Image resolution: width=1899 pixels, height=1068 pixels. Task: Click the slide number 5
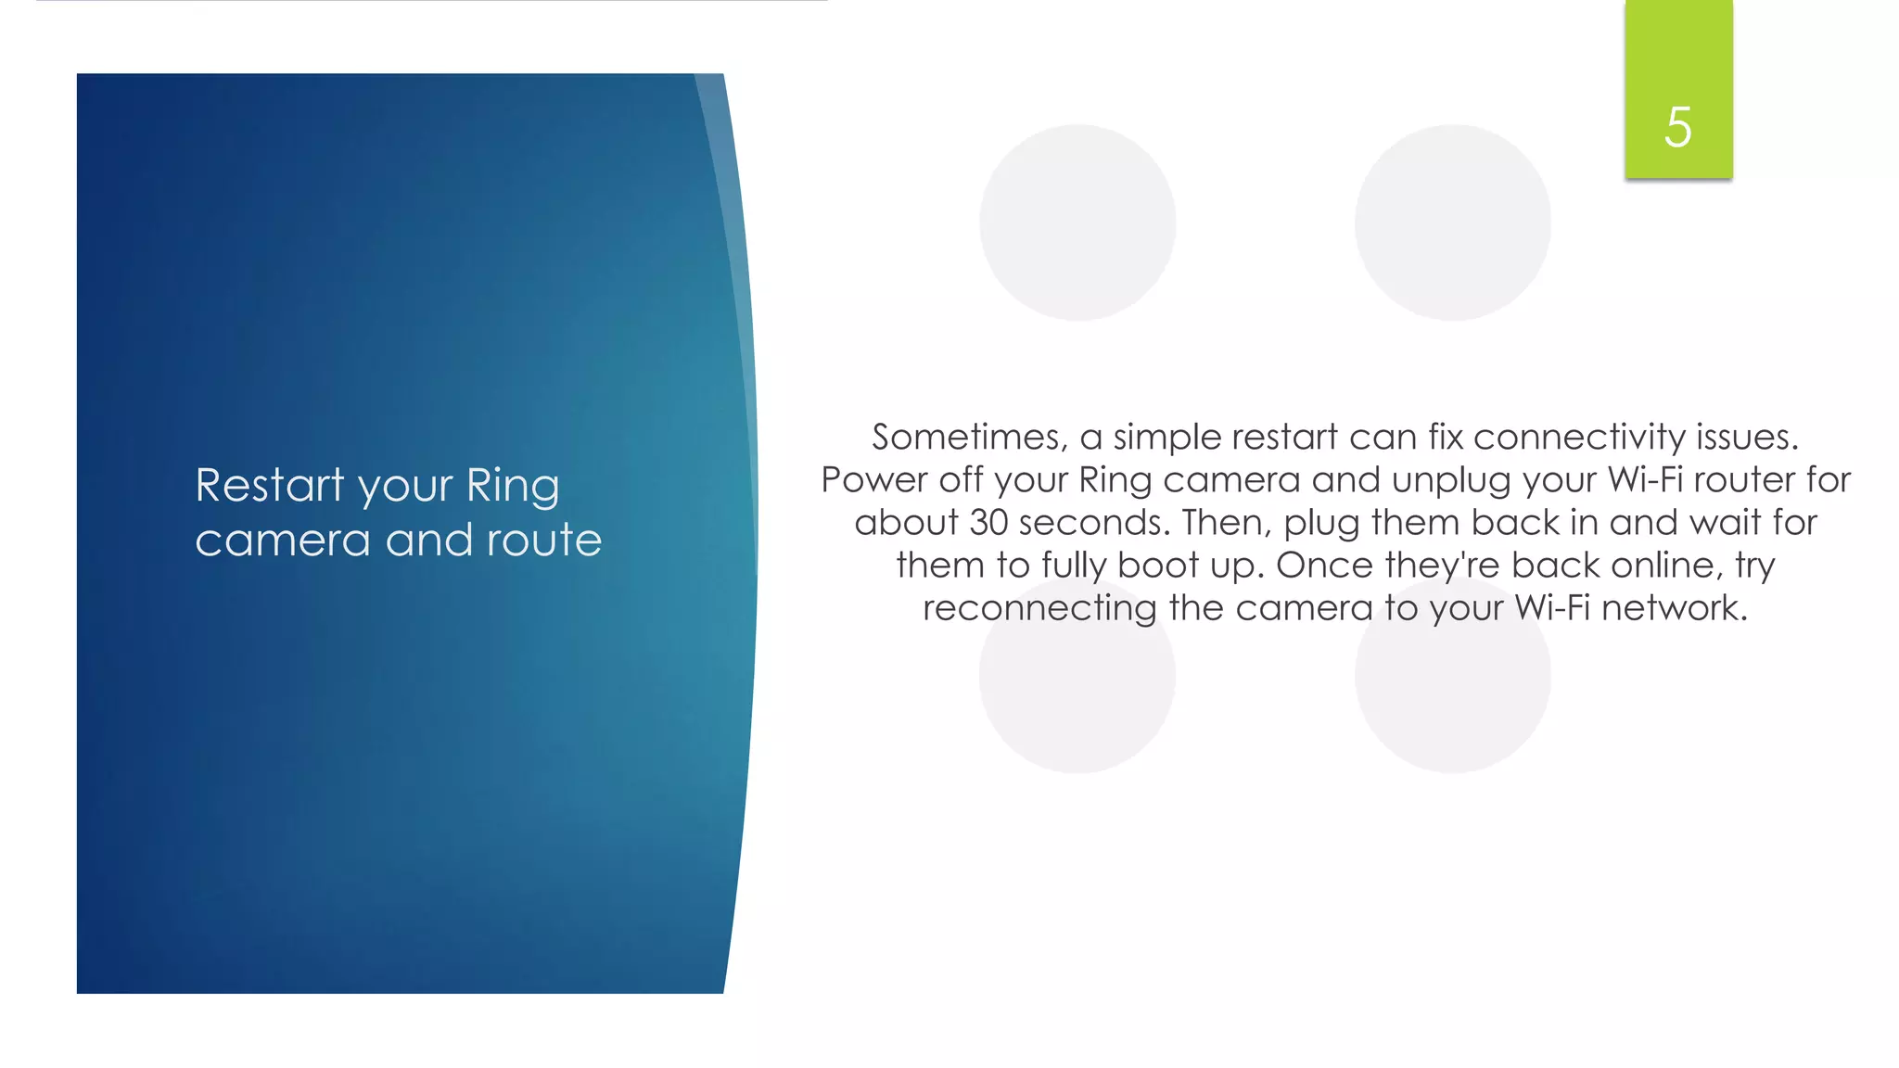click(x=1677, y=127)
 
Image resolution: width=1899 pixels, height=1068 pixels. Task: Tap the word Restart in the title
click(x=270, y=485)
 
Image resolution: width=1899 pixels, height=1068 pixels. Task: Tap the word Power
click(x=873, y=480)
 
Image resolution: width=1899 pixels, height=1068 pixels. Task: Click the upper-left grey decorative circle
click(x=1077, y=222)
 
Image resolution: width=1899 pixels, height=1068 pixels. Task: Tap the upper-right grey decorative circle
click(x=1452, y=222)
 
